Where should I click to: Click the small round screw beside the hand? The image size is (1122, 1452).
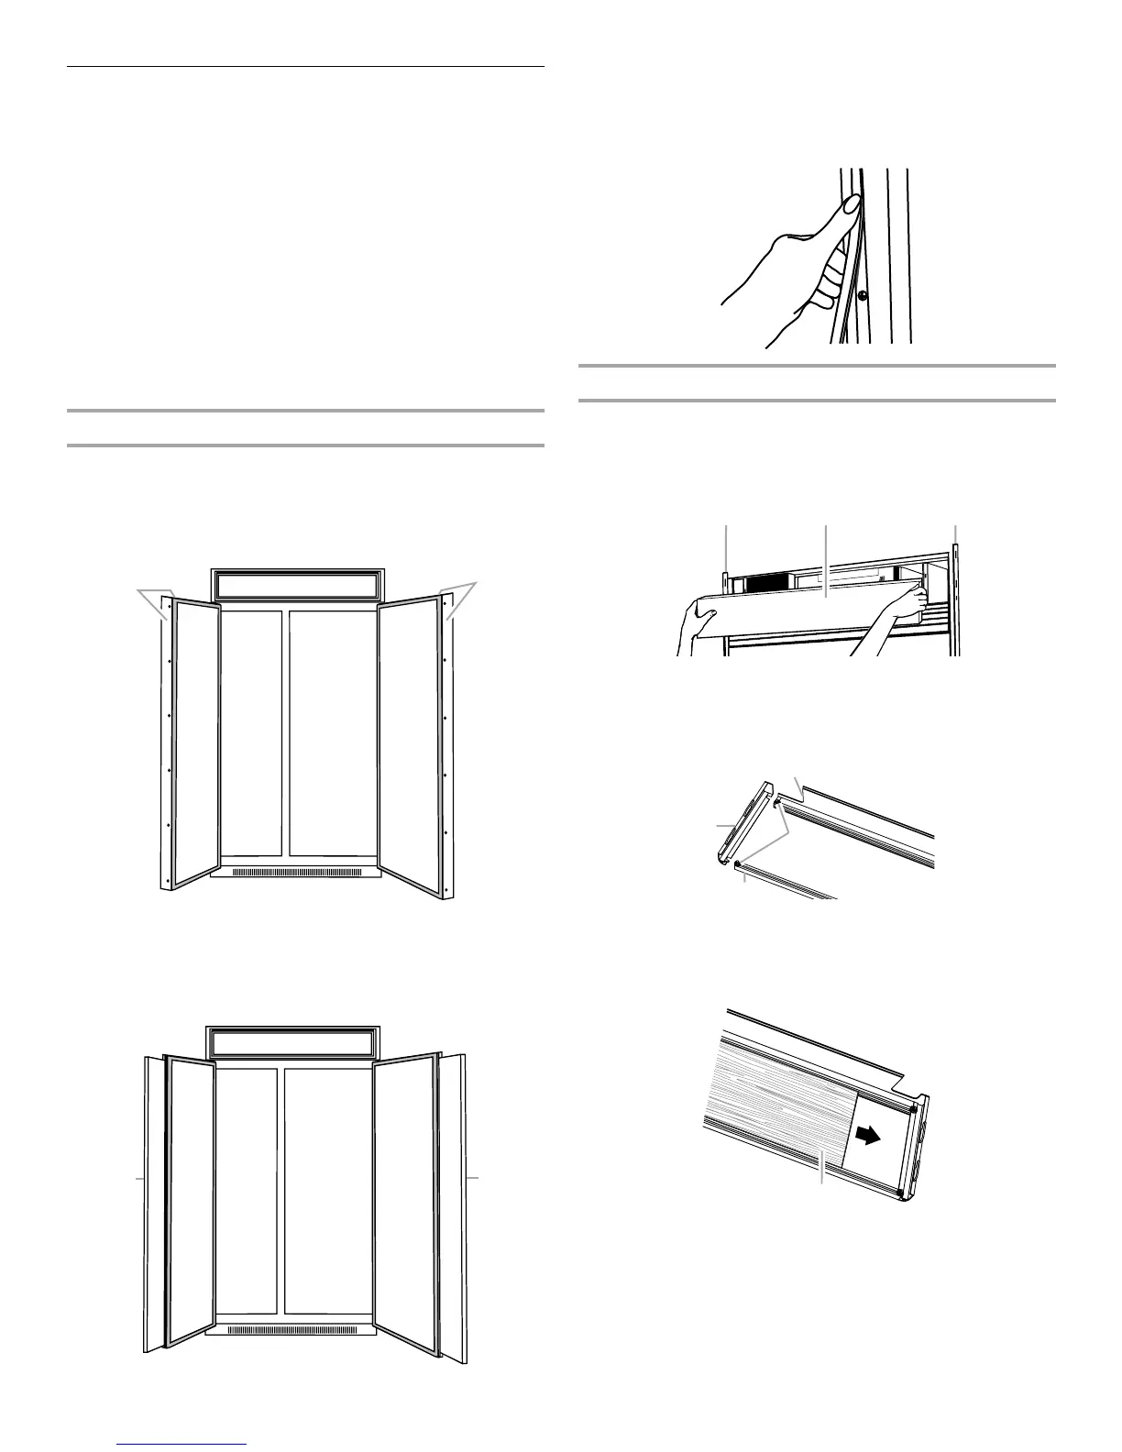[x=863, y=295]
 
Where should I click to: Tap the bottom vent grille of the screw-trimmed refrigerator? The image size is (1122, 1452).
[x=295, y=872]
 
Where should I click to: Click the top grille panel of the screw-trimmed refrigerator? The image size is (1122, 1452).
[x=295, y=585]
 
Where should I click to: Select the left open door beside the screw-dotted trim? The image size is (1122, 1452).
[x=195, y=742]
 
